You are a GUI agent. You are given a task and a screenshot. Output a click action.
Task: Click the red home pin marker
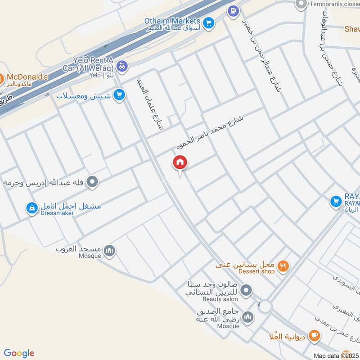[x=180, y=163]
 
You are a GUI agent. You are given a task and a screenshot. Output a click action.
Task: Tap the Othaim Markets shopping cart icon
[x=208, y=22]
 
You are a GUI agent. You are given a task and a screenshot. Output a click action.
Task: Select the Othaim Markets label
[x=172, y=21]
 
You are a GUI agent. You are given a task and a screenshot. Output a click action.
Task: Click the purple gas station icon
[x=233, y=10]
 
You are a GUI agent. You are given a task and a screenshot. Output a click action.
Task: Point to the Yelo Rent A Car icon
[x=122, y=67]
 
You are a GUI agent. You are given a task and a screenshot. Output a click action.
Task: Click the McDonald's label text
[x=27, y=77]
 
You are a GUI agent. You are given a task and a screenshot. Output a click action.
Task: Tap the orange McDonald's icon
[x=1, y=77]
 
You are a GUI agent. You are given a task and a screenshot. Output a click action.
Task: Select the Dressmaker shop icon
[x=31, y=208]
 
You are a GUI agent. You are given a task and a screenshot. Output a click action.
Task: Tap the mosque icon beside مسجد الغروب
[x=109, y=251]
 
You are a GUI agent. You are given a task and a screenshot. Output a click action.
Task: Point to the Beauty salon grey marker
[x=246, y=291]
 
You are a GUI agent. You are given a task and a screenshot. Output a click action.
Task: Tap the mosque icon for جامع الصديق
[x=247, y=318]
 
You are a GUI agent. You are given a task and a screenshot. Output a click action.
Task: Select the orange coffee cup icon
[x=314, y=335]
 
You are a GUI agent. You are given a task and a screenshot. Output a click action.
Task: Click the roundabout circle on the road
[x=265, y=307]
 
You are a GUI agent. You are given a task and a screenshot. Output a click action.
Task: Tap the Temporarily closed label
[x=334, y=4]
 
